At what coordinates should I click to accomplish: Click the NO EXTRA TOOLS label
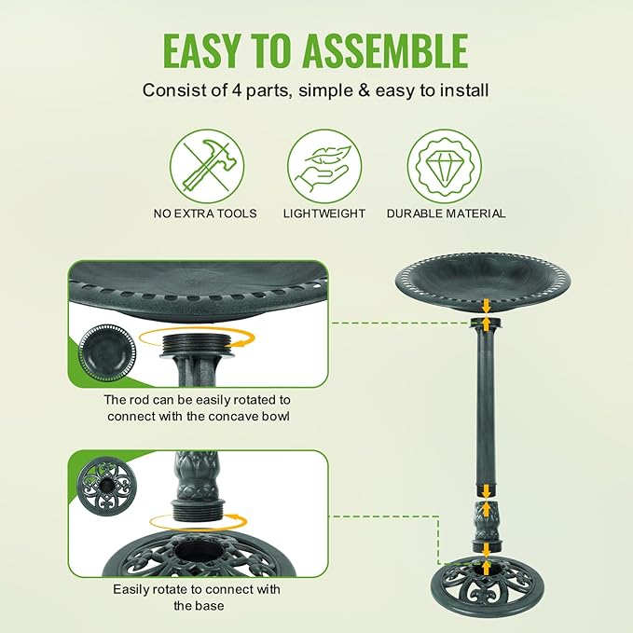point(205,213)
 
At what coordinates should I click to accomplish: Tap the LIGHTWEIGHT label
point(323,213)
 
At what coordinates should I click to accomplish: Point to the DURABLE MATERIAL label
point(446,213)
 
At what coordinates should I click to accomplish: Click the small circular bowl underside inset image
point(107,353)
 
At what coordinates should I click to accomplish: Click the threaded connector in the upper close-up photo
point(195,350)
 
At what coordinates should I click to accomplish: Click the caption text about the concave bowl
point(197,407)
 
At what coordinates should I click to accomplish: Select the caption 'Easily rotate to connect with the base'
point(197,597)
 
